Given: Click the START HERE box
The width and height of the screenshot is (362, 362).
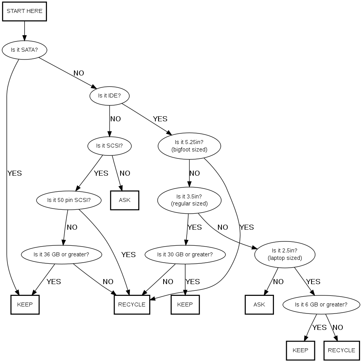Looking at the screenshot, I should pyautogui.click(x=25, y=11).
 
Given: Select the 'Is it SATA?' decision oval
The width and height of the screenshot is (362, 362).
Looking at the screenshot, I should pyautogui.click(x=24, y=50).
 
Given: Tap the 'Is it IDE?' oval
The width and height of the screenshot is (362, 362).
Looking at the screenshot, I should pyautogui.click(x=110, y=95).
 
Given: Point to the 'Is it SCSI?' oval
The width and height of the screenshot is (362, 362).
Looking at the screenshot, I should pyautogui.click(x=109, y=146).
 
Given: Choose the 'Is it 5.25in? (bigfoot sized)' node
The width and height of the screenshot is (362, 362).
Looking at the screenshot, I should pyautogui.click(x=189, y=146).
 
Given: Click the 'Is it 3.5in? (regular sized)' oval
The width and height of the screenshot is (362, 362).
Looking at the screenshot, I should pyautogui.click(x=189, y=200).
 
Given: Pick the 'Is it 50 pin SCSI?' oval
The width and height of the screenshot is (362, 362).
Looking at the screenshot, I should pyautogui.click(x=69, y=200).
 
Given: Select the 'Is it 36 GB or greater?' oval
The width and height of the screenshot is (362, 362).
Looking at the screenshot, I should pyautogui.click(x=61, y=254).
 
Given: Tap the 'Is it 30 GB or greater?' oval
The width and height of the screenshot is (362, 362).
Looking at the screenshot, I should pyautogui.click(x=185, y=254).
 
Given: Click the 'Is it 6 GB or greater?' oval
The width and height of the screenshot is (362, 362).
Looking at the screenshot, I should pyautogui.click(x=321, y=304).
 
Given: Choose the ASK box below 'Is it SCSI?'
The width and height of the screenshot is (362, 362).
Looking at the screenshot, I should pyautogui.click(x=124, y=200).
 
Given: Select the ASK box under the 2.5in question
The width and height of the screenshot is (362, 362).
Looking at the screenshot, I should pyautogui.click(x=259, y=304).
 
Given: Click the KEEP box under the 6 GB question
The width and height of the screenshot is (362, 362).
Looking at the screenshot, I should pyautogui.click(x=301, y=350).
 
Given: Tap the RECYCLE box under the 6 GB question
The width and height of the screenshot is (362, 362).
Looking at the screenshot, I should pyautogui.click(x=341, y=350).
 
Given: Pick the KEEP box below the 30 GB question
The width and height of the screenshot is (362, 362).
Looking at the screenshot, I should pyautogui.click(x=185, y=304).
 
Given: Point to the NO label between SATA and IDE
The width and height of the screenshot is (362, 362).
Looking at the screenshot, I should pyautogui.click(x=79, y=73).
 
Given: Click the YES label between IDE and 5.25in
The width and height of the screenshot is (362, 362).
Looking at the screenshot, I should pyautogui.click(x=160, y=119).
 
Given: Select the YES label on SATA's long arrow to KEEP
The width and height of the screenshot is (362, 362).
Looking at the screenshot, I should pyautogui.click(x=14, y=173).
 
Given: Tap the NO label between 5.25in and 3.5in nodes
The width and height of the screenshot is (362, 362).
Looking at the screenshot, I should pyautogui.click(x=195, y=173).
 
